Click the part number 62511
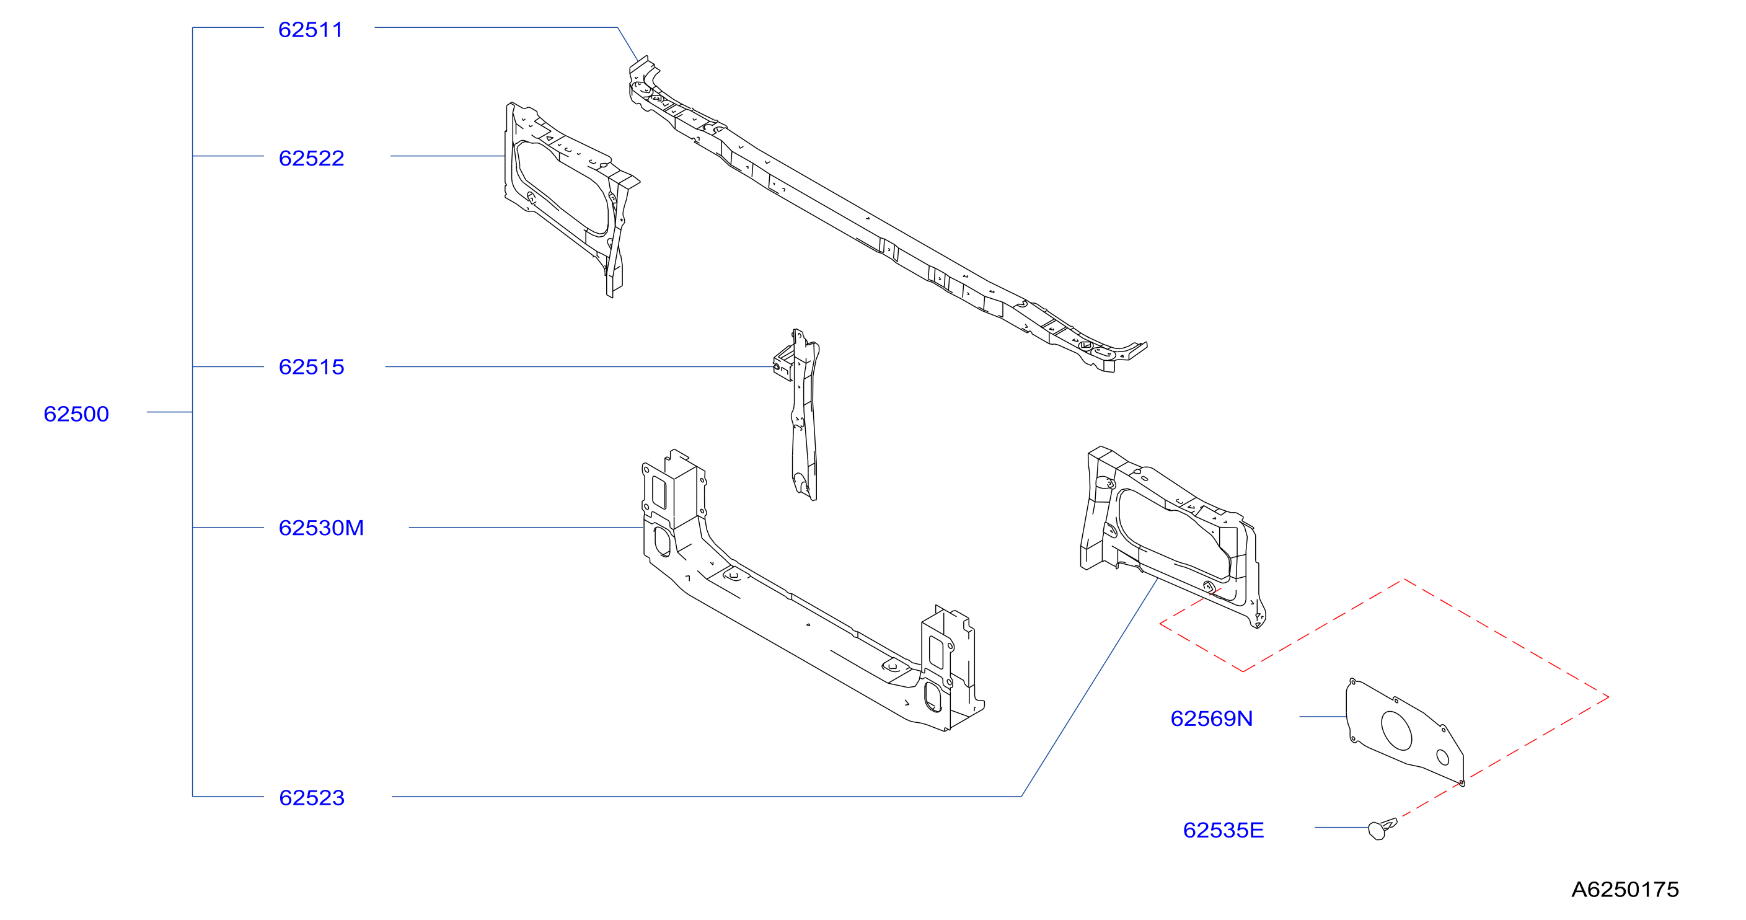[x=311, y=30]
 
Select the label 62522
[x=312, y=158]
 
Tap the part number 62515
[x=312, y=367]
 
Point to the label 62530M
[x=321, y=528]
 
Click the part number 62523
[x=312, y=797]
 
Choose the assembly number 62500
[x=76, y=414]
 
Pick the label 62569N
[x=1211, y=718]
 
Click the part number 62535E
[x=1224, y=830]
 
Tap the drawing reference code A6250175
[x=1625, y=889]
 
